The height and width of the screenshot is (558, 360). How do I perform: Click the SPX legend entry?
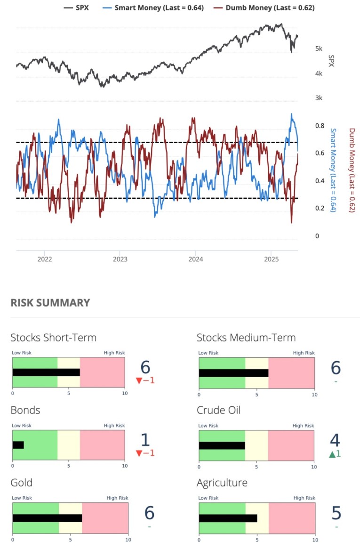pyautogui.click(x=78, y=8)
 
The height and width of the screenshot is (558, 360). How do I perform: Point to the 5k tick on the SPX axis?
pyautogui.click(x=319, y=49)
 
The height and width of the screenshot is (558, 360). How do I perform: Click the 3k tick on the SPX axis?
pyautogui.click(x=319, y=98)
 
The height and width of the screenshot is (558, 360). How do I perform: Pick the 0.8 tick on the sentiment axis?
pyautogui.click(x=320, y=126)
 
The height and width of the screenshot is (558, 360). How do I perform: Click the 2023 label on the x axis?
pyautogui.click(x=120, y=259)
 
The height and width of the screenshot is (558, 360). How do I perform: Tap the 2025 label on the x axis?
pyautogui.click(x=271, y=259)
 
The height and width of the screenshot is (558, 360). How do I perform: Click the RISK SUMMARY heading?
pyautogui.click(x=50, y=303)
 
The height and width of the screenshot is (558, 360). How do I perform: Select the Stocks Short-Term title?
pyautogui.click(x=53, y=337)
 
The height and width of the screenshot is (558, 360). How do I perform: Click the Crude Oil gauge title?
pyautogui.click(x=218, y=410)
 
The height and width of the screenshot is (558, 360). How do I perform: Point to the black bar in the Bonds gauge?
pyautogui.click(x=18, y=445)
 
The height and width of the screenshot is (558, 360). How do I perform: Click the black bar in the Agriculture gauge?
pyautogui.click(x=228, y=518)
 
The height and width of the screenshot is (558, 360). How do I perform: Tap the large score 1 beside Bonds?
pyautogui.click(x=145, y=440)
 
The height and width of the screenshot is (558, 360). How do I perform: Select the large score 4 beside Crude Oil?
pyautogui.click(x=335, y=440)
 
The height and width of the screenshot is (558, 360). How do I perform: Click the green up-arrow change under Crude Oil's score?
pyautogui.click(x=335, y=454)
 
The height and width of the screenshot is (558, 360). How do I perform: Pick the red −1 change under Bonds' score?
pyautogui.click(x=145, y=453)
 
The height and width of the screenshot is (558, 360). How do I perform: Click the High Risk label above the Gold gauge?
pyautogui.click(x=117, y=498)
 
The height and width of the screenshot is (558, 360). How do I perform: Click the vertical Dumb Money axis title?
pyautogui.click(x=352, y=170)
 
